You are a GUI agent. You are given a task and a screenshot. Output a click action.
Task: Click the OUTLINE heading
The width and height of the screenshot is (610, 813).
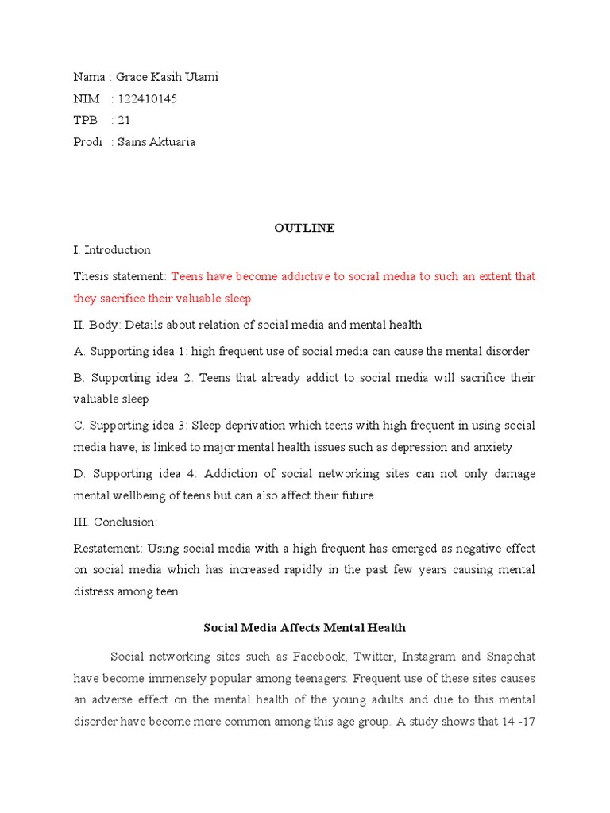click(304, 228)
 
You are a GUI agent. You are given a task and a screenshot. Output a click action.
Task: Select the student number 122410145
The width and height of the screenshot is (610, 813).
click(147, 99)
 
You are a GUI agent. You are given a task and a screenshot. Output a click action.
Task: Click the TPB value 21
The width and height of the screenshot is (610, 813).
click(124, 121)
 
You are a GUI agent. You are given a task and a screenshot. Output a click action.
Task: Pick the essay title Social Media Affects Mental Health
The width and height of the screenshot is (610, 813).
click(304, 627)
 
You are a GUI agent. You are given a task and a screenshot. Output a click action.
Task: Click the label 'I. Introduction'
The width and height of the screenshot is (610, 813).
click(112, 250)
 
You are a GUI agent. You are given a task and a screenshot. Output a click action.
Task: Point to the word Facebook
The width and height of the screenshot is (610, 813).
click(318, 657)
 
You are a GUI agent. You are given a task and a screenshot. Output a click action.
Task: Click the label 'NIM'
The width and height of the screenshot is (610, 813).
click(87, 99)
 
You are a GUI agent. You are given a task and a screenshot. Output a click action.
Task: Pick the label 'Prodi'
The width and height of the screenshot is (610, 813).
click(88, 142)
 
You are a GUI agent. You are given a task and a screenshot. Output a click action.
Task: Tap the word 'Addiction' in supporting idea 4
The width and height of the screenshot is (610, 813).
click(231, 474)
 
